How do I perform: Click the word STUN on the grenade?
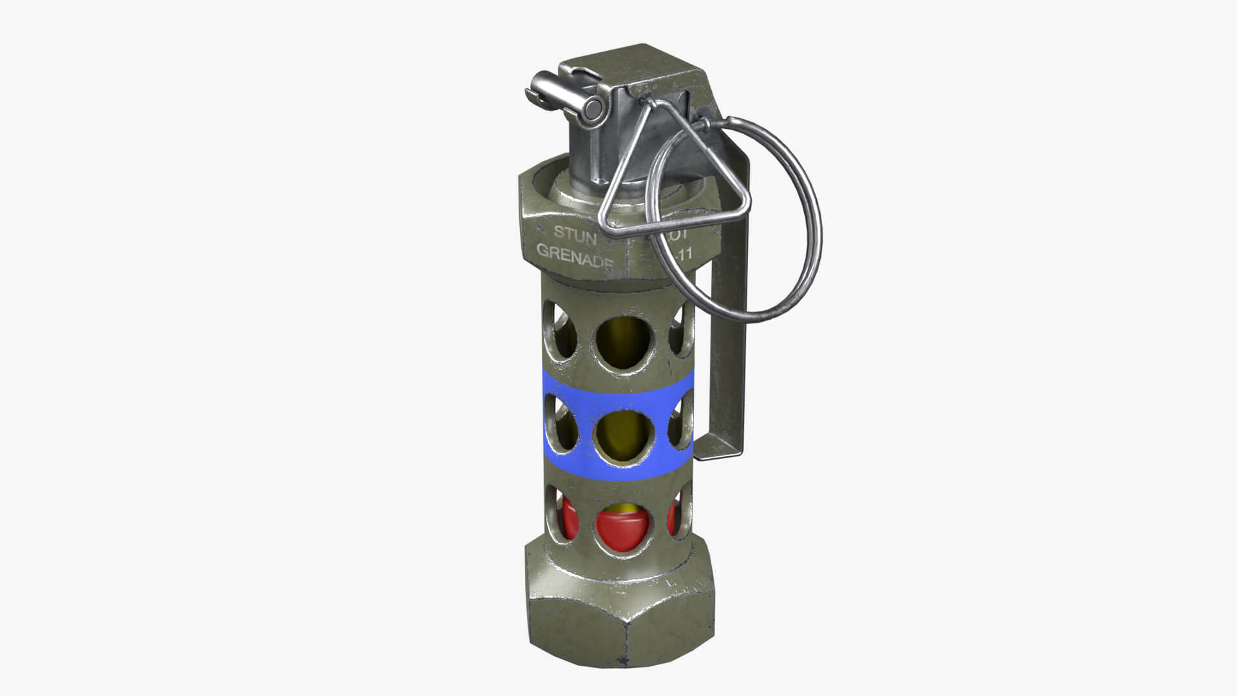click(x=575, y=233)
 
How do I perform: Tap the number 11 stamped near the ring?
click(x=683, y=255)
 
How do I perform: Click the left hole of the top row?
click(x=561, y=334)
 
